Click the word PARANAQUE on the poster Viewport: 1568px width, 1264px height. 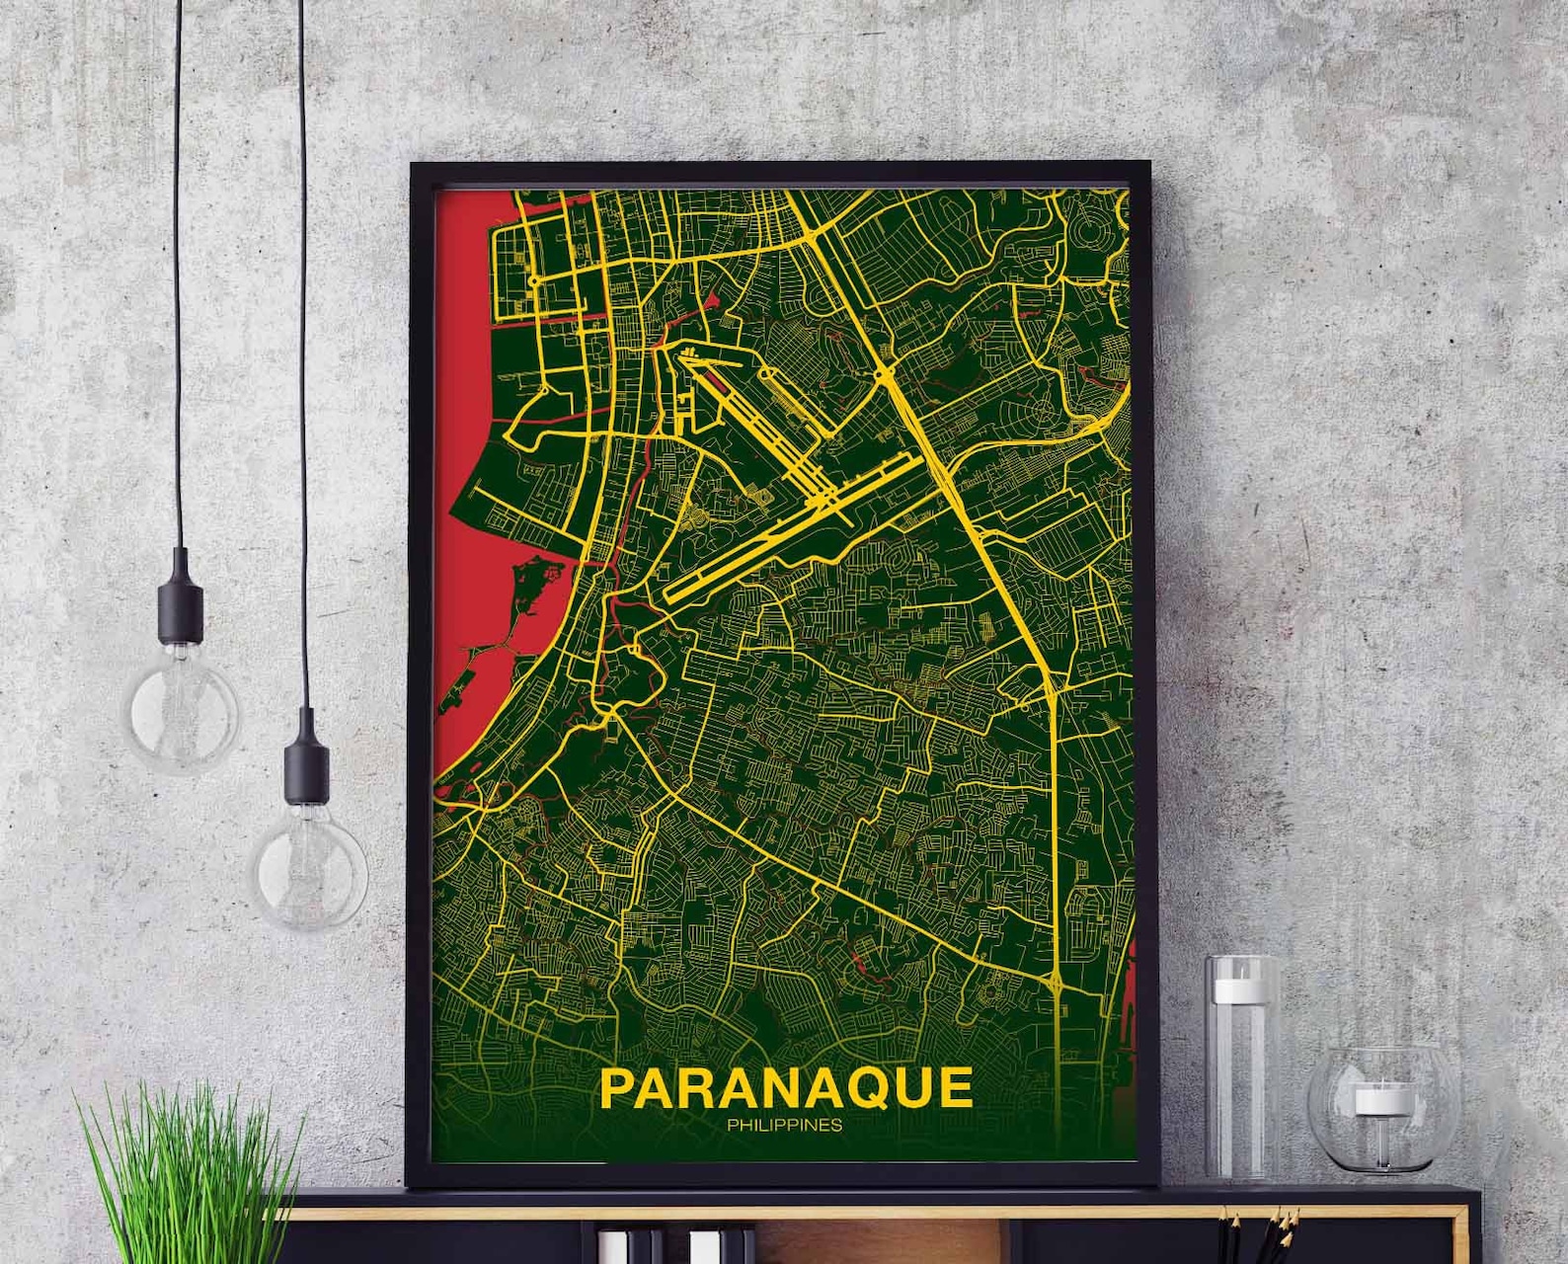785,1087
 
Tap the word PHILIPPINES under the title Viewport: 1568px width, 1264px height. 784,1125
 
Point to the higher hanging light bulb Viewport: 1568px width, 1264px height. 183,707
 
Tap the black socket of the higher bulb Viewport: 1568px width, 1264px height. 181,597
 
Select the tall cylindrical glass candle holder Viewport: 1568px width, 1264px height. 1240,1067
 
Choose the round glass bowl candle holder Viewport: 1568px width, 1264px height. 1372,1110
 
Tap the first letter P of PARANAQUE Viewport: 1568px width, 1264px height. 618,1088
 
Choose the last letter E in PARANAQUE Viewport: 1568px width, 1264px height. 955,1088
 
